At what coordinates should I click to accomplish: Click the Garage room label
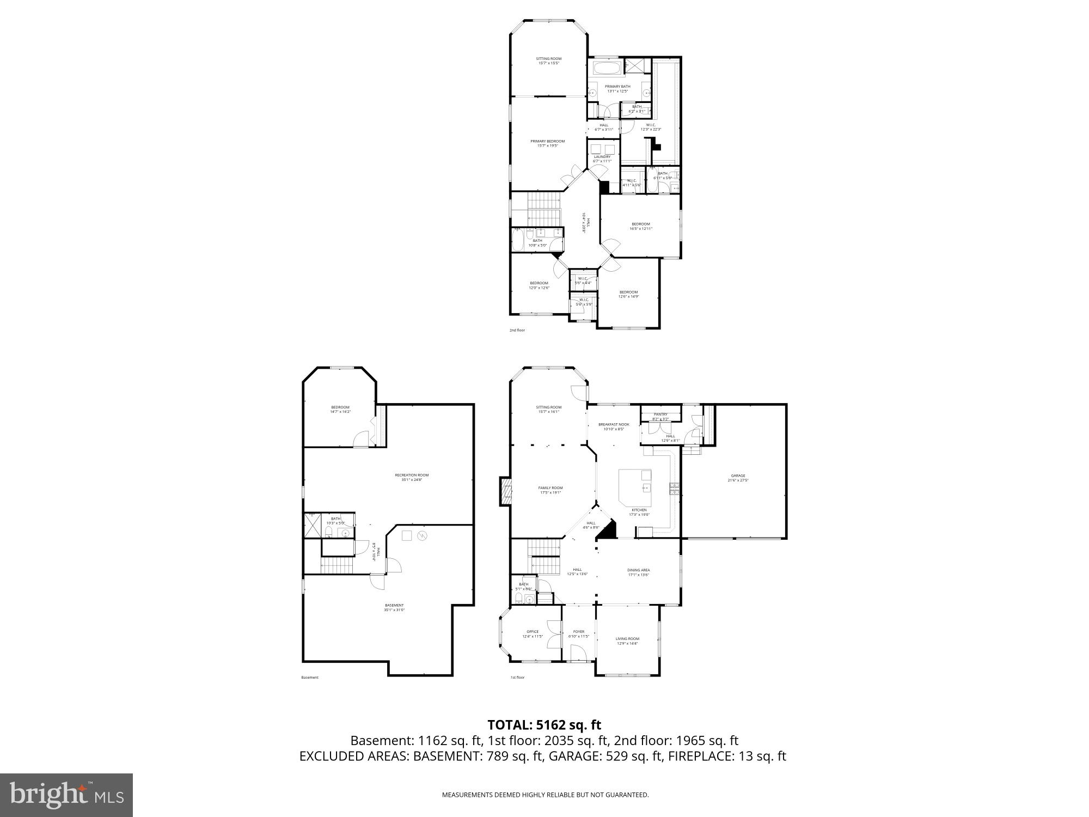point(738,478)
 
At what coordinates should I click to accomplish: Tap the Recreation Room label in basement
point(412,477)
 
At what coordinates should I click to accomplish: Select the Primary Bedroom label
point(548,143)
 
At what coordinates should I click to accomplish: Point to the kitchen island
point(635,486)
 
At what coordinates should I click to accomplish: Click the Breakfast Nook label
point(614,426)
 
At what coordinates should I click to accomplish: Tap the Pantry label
point(660,414)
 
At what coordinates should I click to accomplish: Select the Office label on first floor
point(533,633)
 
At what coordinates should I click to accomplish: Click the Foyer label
point(579,633)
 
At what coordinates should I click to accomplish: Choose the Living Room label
point(627,641)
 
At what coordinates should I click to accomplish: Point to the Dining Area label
point(638,572)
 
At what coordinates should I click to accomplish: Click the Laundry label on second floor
point(602,158)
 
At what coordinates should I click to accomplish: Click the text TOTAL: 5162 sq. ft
point(544,725)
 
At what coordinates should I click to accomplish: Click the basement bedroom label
point(340,409)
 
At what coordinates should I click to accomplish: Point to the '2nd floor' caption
point(517,330)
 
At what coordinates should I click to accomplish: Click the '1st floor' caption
point(517,678)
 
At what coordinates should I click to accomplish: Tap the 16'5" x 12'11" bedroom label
point(641,226)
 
